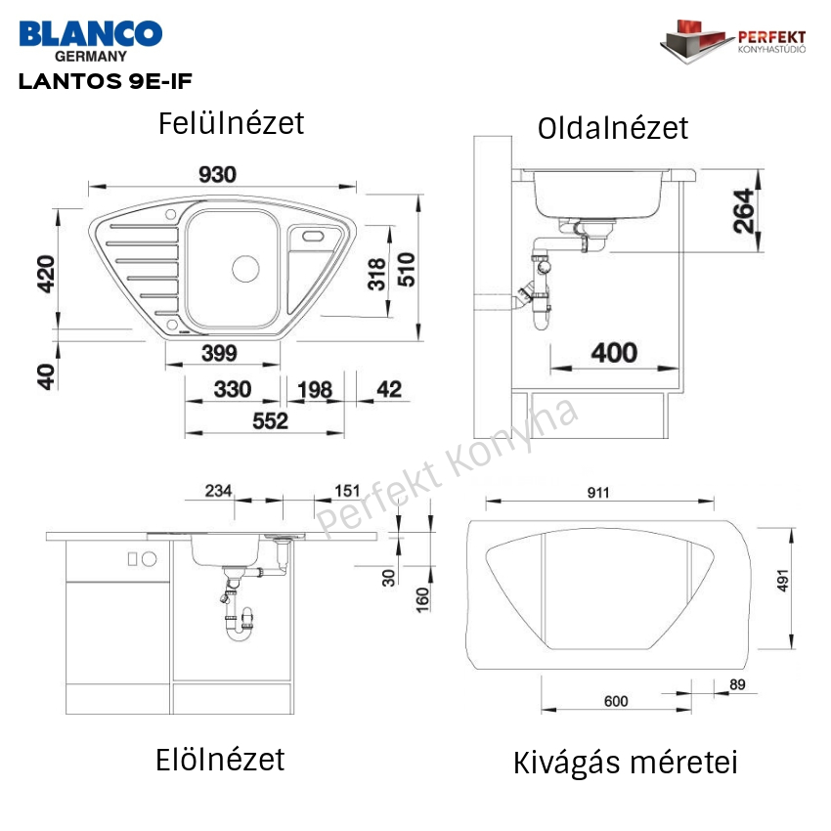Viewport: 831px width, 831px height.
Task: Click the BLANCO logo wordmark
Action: tap(91, 34)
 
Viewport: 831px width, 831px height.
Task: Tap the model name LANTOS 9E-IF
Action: tap(105, 81)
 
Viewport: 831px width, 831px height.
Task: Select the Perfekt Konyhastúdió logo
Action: tap(733, 41)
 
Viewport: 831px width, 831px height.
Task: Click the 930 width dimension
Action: tap(217, 174)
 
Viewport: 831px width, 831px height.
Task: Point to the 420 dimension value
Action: tap(46, 274)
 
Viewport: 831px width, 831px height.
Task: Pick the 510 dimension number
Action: tap(407, 269)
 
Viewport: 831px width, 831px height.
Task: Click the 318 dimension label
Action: tap(376, 274)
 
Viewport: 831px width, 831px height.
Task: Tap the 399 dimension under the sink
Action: tap(219, 353)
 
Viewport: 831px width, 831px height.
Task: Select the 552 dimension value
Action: tap(270, 420)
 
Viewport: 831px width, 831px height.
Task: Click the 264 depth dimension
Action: tap(743, 211)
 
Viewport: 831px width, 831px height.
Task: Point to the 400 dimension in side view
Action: tap(614, 352)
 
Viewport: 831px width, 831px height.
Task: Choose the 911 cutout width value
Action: tap(597, 493)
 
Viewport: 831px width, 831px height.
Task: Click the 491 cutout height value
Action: tap(783, 581)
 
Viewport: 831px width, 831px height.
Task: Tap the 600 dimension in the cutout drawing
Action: tap(616, 701)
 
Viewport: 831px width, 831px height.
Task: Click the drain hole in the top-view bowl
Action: tap(246, 268)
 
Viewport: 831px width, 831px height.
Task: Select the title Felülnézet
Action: tap(231, 123)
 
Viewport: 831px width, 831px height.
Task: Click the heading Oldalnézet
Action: tap(613, 128)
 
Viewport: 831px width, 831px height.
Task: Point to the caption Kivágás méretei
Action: tap(626, 763)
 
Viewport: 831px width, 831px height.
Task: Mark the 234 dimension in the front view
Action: tap(218, 491)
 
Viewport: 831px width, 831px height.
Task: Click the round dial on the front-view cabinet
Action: tap(149, 558)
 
